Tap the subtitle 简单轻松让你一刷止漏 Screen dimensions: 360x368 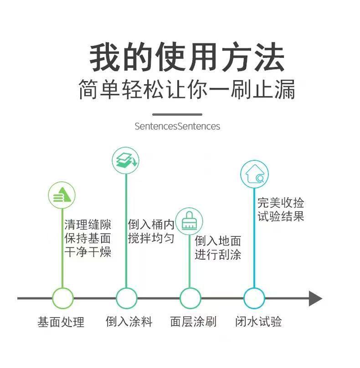(x=186, y=90)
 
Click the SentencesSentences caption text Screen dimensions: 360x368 (x=177, y=126)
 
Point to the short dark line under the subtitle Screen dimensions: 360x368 (x=177, y=114)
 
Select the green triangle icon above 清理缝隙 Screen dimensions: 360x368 (x=62, y=195)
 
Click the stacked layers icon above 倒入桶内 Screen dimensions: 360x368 (x=125, y=159)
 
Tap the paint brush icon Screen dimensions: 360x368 (x=189, y=221)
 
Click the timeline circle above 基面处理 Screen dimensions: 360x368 (x=62, y=299)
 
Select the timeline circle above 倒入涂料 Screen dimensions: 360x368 (x=126, y=299)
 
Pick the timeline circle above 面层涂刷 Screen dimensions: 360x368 (x=190, y=299)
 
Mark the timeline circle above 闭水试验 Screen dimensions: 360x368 (x=254, y=299)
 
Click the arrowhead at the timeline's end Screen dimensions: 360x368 (x=315, y=299)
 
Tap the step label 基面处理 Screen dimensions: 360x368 (x=61, y=322)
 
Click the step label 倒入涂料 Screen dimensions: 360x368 (x=129, y=322)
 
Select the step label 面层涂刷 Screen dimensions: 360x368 (x=193, y=322)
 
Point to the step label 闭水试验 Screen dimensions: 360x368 (x=258, y=322)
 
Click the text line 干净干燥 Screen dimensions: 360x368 (x=87, y=252)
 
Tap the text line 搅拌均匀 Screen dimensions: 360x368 (x=151, y=238)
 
